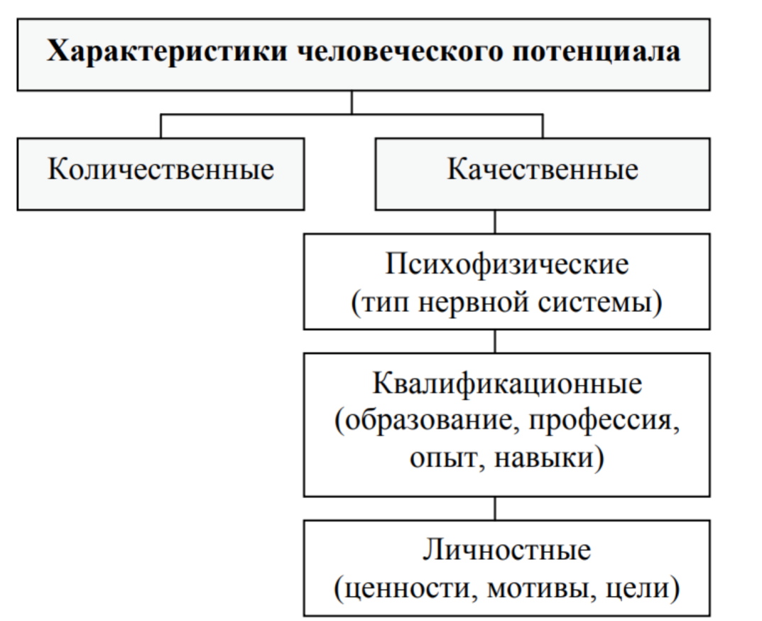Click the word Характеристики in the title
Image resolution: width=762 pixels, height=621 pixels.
pos(167,52)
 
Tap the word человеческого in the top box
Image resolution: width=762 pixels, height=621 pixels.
pos(400,51)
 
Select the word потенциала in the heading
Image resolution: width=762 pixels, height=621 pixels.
pos(597,53)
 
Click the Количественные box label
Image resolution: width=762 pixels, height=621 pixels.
pos(161,170)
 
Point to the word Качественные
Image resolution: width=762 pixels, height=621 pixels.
pos(543,170)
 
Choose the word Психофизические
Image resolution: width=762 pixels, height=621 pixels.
pos(507,266)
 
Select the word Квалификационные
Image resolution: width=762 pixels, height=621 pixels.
pos(507,384)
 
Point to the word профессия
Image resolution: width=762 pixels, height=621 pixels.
pos(601,421)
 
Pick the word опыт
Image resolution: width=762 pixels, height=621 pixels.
pos(447,458)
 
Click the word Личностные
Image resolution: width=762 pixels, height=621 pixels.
pos(507,551)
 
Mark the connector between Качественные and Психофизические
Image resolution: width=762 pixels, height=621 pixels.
pos(495,222)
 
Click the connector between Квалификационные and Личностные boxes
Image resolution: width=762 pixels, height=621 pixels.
pos(495,509)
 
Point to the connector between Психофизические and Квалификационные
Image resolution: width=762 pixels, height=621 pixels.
pos(495,341)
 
